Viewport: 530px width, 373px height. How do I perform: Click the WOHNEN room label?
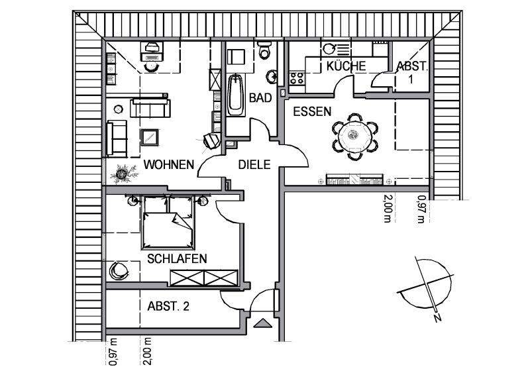pyautogui.click(x=170, y=164)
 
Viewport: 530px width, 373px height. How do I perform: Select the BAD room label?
pyautogui.click(x=260, y=98)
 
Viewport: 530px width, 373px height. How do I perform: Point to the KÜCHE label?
pyautogui.click(x=345, y=66)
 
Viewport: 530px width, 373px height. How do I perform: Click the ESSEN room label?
pyautogui.click(x=311, y=112)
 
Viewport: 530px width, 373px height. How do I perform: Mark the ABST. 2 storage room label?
pyautogui.click(x=168, y=306)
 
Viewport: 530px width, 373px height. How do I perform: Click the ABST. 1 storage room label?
pyautogui.click(x=412, y=72)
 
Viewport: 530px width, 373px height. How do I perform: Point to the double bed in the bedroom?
pyautogui.click(x=168, y=223)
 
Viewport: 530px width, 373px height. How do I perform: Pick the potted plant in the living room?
pyautogui.click(x=123, y=174)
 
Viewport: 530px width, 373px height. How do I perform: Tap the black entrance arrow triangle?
pyautogui.click(x=263, y=323)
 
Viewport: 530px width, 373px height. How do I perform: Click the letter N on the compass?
pyautogui.click(x=437, y=317)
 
